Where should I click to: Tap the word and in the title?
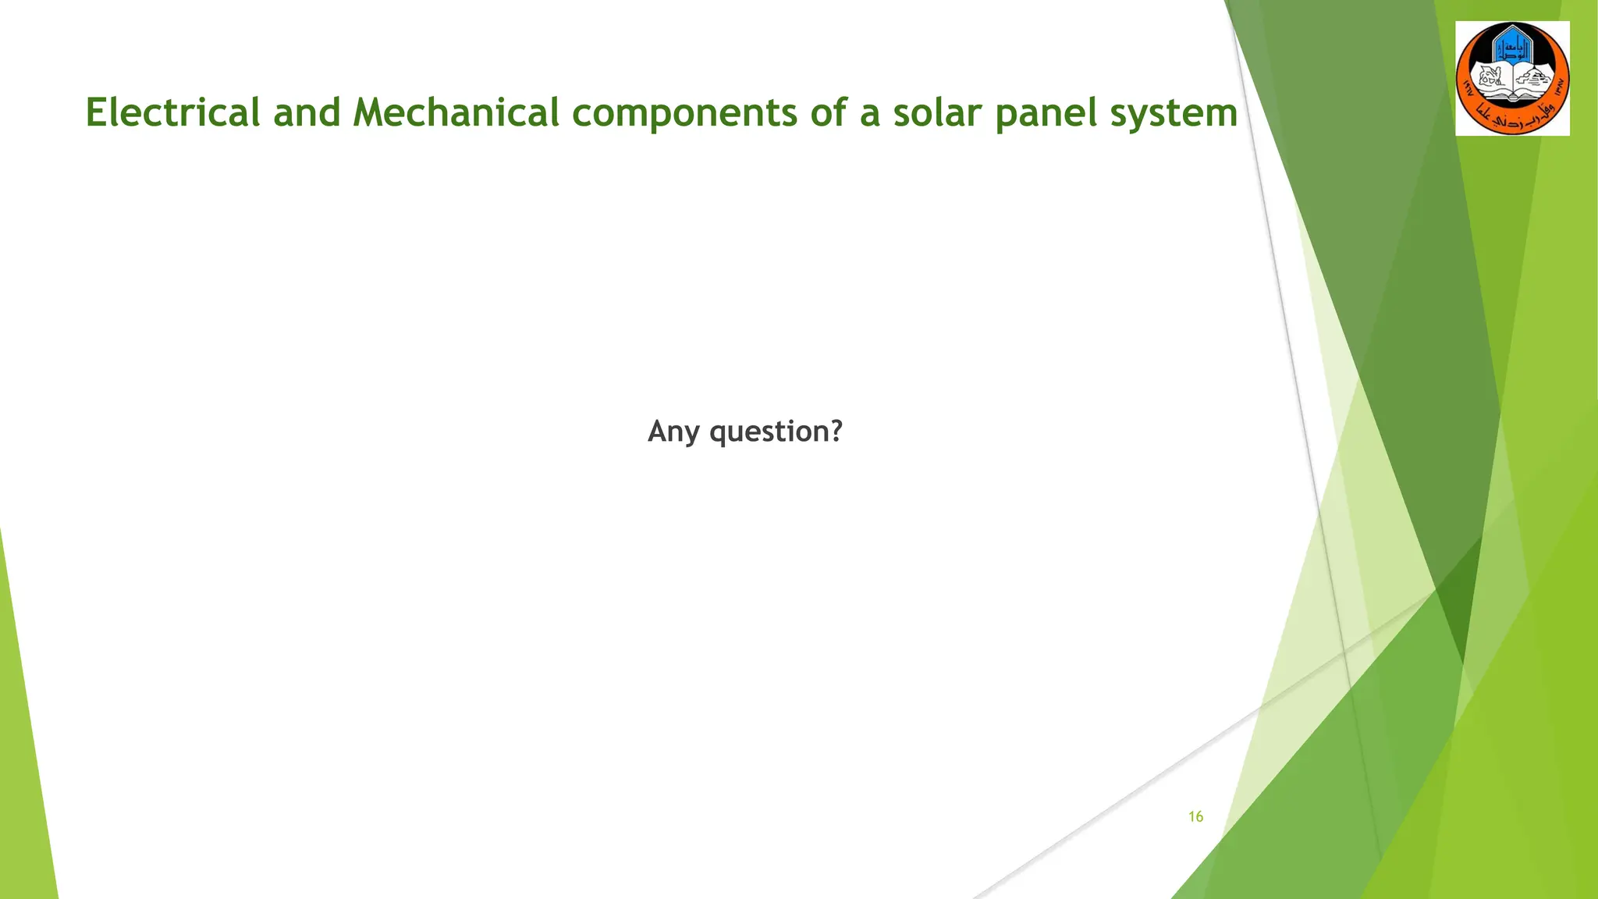(x=307, y=112)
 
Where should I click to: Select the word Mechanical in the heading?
(x=456, y=112)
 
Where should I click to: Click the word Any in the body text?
(x=673, y=432)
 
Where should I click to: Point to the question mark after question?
(x=836, y=431)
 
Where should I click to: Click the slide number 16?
(x=1195, y=817)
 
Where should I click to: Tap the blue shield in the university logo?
(x=1511, y=48)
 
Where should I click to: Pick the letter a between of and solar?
(x=869, y=114)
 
